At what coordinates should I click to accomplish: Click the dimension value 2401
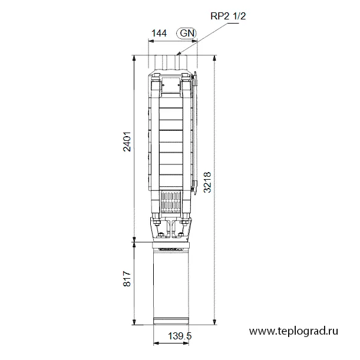(x=127, y=141)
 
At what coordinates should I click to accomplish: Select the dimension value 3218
(x=207, y=182)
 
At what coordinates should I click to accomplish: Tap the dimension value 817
(x=127, y=279)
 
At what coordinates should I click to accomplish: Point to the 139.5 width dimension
(x=180, y=336)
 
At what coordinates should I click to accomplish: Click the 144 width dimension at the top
(x=159, y=34)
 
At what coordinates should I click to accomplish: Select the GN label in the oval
(x=187, y=34)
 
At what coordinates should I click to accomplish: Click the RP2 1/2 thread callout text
(x=228, y=16)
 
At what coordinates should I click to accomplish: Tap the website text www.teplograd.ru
(x=293, y=331)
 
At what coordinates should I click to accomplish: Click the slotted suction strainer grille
(x=171, y=202)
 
